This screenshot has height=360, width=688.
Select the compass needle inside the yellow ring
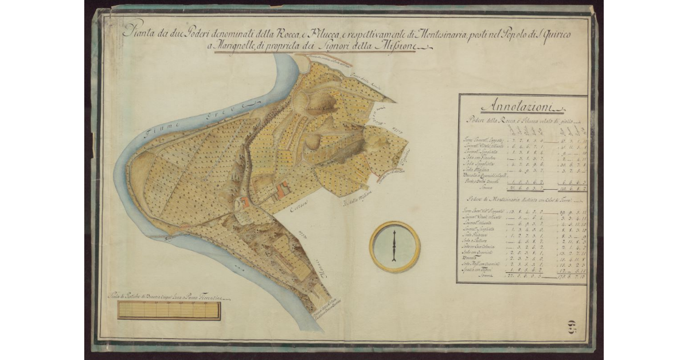[x=394, y=246]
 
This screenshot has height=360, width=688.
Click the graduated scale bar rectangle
[x=169, y=310]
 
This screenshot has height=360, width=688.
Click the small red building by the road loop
[x=246, y=201]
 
